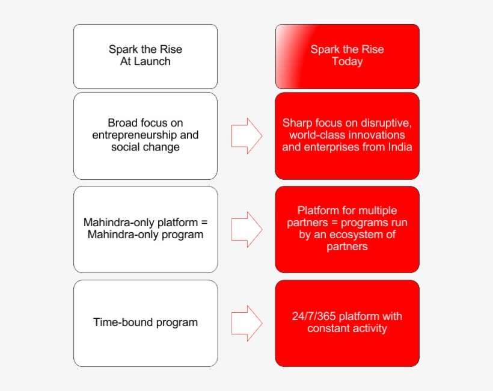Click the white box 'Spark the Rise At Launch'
(x=145, y=57)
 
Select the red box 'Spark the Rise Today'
(x=347, y=57)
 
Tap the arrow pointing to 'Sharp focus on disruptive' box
(x=246, y=135)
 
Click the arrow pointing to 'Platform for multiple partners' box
(x=246, y=229)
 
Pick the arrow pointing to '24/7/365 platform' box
(x=246, y=322)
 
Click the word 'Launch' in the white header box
(x=153, y=61)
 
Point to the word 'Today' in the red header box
(x=347, y=61)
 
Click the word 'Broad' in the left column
(x=122, y=123)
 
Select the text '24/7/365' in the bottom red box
(x=313, y=316)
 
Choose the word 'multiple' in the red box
(x=378, y=211)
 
